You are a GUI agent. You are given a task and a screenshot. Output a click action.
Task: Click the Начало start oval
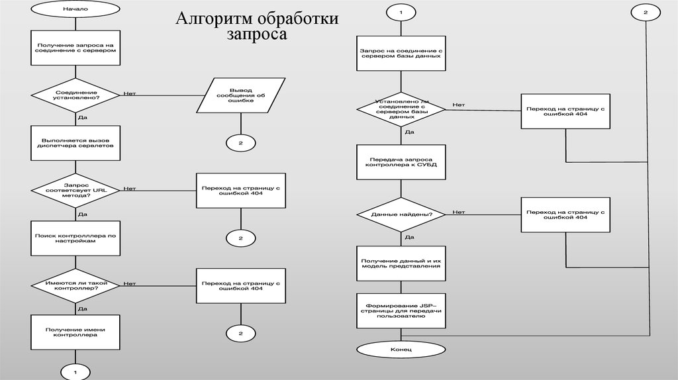point(75,9)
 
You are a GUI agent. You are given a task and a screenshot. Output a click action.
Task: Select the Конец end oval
point(401,348)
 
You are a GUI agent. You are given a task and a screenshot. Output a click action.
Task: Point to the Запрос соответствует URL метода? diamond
point(75,189)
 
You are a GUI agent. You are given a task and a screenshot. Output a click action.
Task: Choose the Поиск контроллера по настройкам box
point(75,238)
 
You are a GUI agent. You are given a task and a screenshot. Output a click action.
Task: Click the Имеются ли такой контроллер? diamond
point(75,285)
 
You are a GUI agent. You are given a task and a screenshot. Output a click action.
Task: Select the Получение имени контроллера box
point(75,332)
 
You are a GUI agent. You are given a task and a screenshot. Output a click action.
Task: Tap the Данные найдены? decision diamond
point(401,214)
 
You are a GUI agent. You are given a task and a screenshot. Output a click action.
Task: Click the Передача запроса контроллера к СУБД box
point(401,162)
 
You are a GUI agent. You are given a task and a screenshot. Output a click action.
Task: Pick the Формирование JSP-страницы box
point(401,310)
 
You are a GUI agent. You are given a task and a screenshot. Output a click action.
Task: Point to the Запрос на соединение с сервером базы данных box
point(401,54)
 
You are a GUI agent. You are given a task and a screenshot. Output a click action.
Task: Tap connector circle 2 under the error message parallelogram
point(240,142)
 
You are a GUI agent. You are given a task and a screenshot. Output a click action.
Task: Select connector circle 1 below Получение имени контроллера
point(75,372)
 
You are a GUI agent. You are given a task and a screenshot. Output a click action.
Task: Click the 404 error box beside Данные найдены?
point(565,214)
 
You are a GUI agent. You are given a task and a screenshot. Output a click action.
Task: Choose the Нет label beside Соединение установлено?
point(129,93)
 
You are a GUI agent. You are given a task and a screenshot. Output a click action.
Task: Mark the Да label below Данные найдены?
point(409,236)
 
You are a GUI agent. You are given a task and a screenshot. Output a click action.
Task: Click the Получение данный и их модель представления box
point(401,263)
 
